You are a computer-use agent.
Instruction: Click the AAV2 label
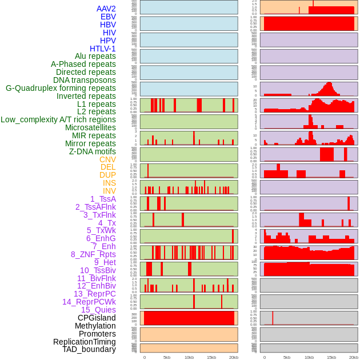tap(106, 9)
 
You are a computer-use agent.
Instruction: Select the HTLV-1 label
tap(102, 49)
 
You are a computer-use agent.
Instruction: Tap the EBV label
tap(108, 17)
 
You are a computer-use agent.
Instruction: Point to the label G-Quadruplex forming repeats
tap(61, 88)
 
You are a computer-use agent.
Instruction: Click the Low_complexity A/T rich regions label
tap(58, 119)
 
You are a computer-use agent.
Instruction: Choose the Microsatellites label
tap(90, 127)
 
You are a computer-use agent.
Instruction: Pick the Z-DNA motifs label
tap(93, 151)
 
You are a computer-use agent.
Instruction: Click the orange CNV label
tap(107, 159)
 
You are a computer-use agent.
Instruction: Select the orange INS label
tap(109, 183)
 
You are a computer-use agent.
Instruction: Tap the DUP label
tap(107, 175)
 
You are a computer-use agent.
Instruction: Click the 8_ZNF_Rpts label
tap(93, 254)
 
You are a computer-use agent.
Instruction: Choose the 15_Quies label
tap(98, 310)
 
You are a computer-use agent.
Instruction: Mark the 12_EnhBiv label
tap(96, 286)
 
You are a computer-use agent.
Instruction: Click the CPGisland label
tap(97, 318)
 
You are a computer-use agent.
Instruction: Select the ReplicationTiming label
tap(85, 342)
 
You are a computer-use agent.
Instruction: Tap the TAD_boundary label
tap(89, 349)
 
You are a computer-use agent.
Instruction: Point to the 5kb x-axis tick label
tap(167, 357)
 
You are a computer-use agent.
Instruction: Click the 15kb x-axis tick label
tap(211, 357)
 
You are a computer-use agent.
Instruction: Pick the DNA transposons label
tap(85, 80)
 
